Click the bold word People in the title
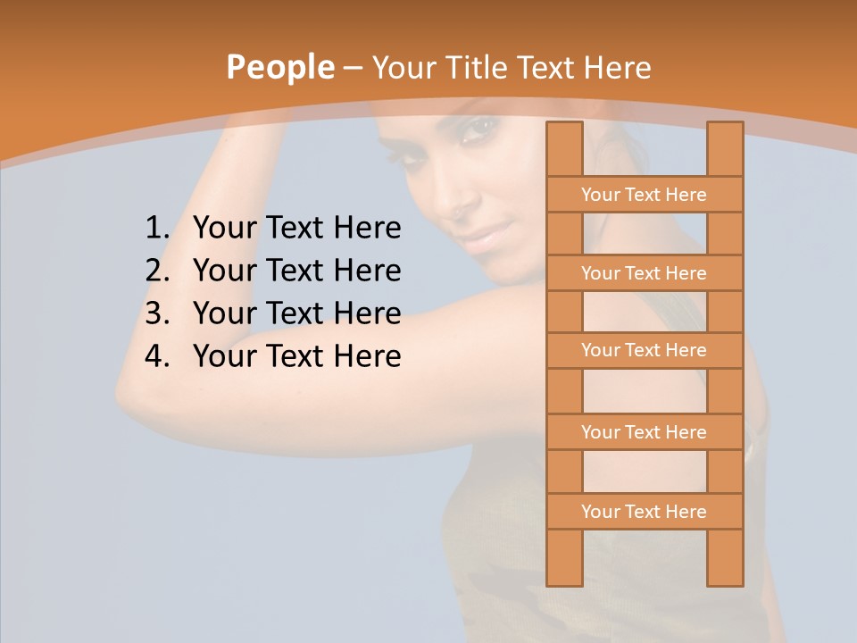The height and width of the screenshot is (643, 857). click(279, 67)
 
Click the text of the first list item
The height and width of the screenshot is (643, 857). click(296, 229)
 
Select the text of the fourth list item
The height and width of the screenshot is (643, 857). click(296, 356)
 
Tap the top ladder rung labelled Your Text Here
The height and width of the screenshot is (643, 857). click(644, 195)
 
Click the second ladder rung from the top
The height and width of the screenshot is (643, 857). click(644, 273)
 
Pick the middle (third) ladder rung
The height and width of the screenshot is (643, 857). click(644, 350)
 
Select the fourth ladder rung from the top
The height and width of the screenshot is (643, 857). click(644, 432)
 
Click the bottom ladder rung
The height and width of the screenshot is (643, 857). click(644, 512)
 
